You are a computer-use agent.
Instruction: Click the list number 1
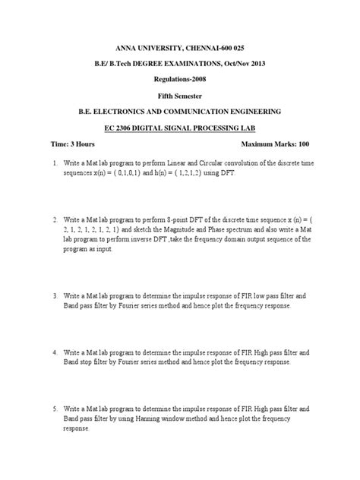[55, 163]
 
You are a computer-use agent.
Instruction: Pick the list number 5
[55, 409]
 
